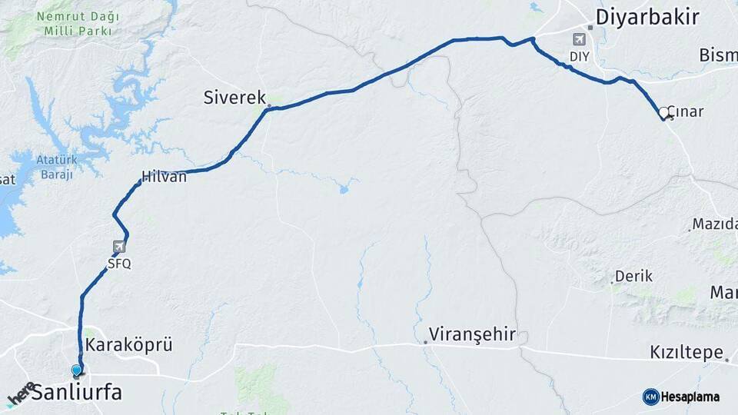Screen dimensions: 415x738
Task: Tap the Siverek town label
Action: tap(234, 98)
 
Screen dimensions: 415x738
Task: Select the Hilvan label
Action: tap(164, 176)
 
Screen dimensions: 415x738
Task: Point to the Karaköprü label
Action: tap(128, 345)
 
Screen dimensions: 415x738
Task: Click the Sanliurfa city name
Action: tap(76, 393)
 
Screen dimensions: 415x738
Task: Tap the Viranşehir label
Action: tap(472, 335)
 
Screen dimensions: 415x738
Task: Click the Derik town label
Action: tap(634, 276)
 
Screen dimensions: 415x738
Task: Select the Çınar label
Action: tap(686, 112)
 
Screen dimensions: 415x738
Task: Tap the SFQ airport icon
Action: tap(119, 247)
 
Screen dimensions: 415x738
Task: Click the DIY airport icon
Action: tap(579, 39)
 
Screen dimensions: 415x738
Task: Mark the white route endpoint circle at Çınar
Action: tap(664, 112)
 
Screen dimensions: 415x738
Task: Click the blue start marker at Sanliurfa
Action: tap(76, 371)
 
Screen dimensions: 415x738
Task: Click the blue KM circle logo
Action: tap(650, 397)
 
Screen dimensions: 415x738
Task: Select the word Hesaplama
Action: tap(690, 397)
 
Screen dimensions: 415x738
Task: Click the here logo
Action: tap(22, 392)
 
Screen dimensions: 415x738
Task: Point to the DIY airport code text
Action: tap(579, 56)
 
